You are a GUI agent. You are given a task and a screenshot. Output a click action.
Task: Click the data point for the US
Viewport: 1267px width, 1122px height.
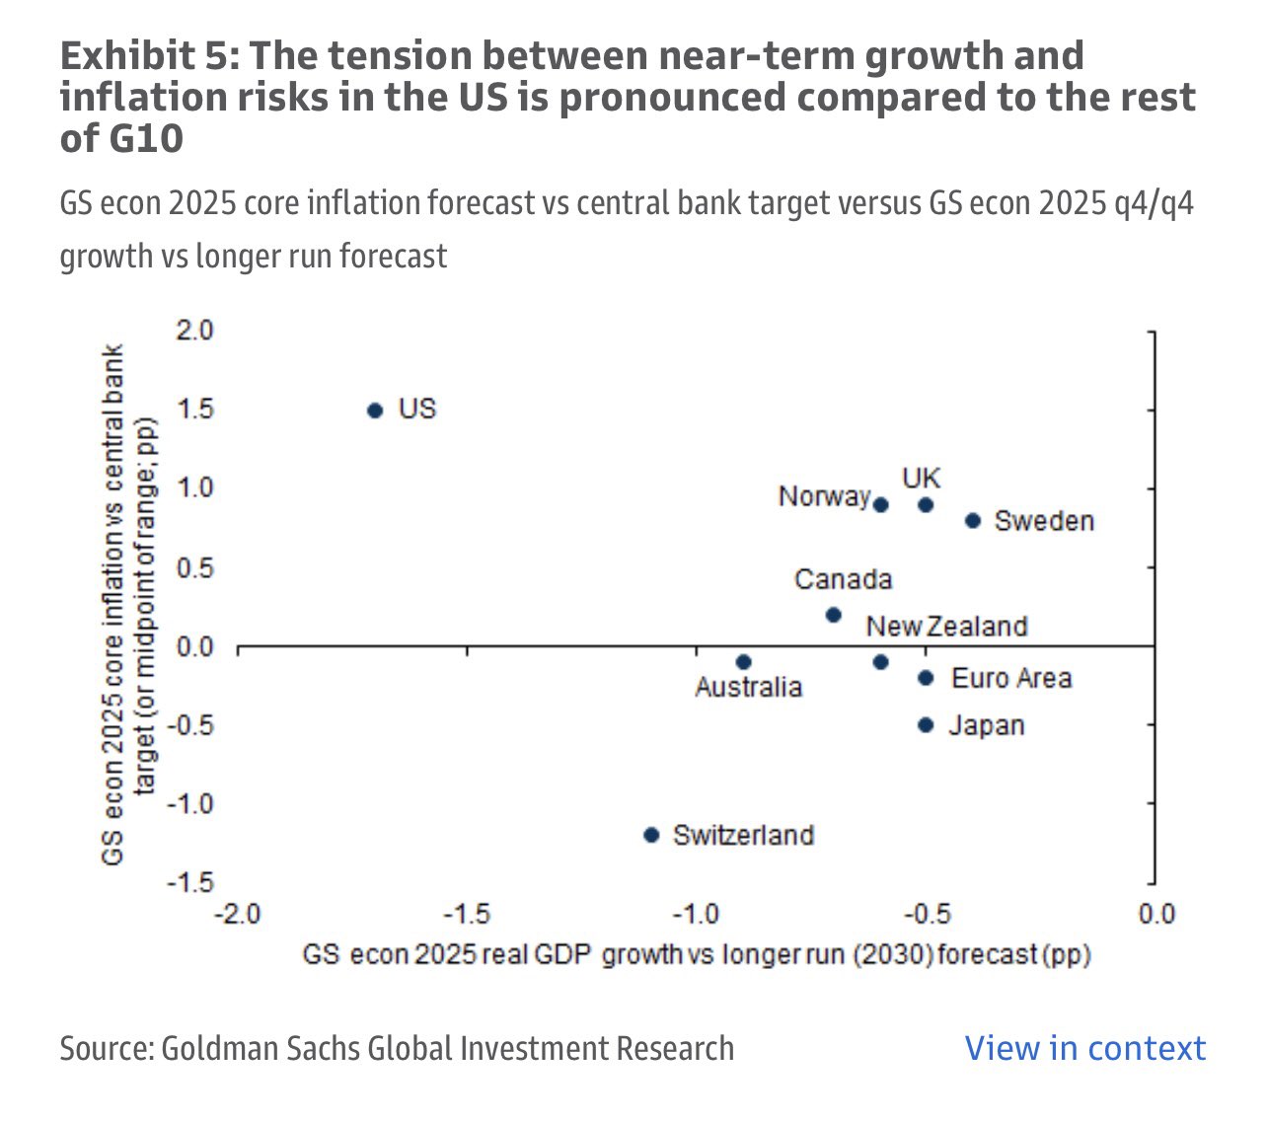[375, 411]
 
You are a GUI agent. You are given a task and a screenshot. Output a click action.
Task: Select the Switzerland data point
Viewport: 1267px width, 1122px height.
[651, 835]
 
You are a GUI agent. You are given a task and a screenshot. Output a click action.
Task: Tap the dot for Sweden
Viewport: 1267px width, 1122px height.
[973, 520]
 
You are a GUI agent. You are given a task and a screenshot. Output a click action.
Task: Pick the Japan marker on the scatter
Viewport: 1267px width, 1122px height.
[926, 725]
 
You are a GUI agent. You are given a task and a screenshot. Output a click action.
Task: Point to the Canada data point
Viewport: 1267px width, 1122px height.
[833, 615]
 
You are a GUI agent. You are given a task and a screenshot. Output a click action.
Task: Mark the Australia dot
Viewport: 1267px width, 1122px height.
[744, 662]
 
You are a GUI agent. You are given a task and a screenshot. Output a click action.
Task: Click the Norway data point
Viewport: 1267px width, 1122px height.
[881, 505]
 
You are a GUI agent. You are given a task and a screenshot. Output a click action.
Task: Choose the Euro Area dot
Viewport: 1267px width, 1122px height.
[926, 678]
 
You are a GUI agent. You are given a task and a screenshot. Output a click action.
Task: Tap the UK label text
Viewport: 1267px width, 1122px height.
[922, 479]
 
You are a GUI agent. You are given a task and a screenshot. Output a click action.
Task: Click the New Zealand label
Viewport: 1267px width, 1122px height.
[947, 627]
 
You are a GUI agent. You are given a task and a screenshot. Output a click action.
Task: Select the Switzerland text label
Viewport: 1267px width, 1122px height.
[743, 836]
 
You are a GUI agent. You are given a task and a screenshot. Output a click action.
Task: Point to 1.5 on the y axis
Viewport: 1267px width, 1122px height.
[193, 410]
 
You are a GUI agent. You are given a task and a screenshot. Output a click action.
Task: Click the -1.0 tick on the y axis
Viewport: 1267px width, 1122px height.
[191, 803]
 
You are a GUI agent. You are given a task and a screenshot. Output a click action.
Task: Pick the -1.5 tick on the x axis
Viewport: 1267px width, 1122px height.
[467, 914]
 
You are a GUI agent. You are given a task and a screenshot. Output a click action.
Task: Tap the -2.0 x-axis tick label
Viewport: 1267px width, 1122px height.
[238, 914]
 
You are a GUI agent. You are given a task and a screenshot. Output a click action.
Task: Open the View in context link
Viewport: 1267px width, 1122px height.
[1084, 1048]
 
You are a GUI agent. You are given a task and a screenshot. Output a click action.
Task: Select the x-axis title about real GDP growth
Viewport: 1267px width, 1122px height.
[697, 955]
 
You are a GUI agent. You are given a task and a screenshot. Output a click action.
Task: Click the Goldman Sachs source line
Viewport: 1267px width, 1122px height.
[397, 1048]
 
